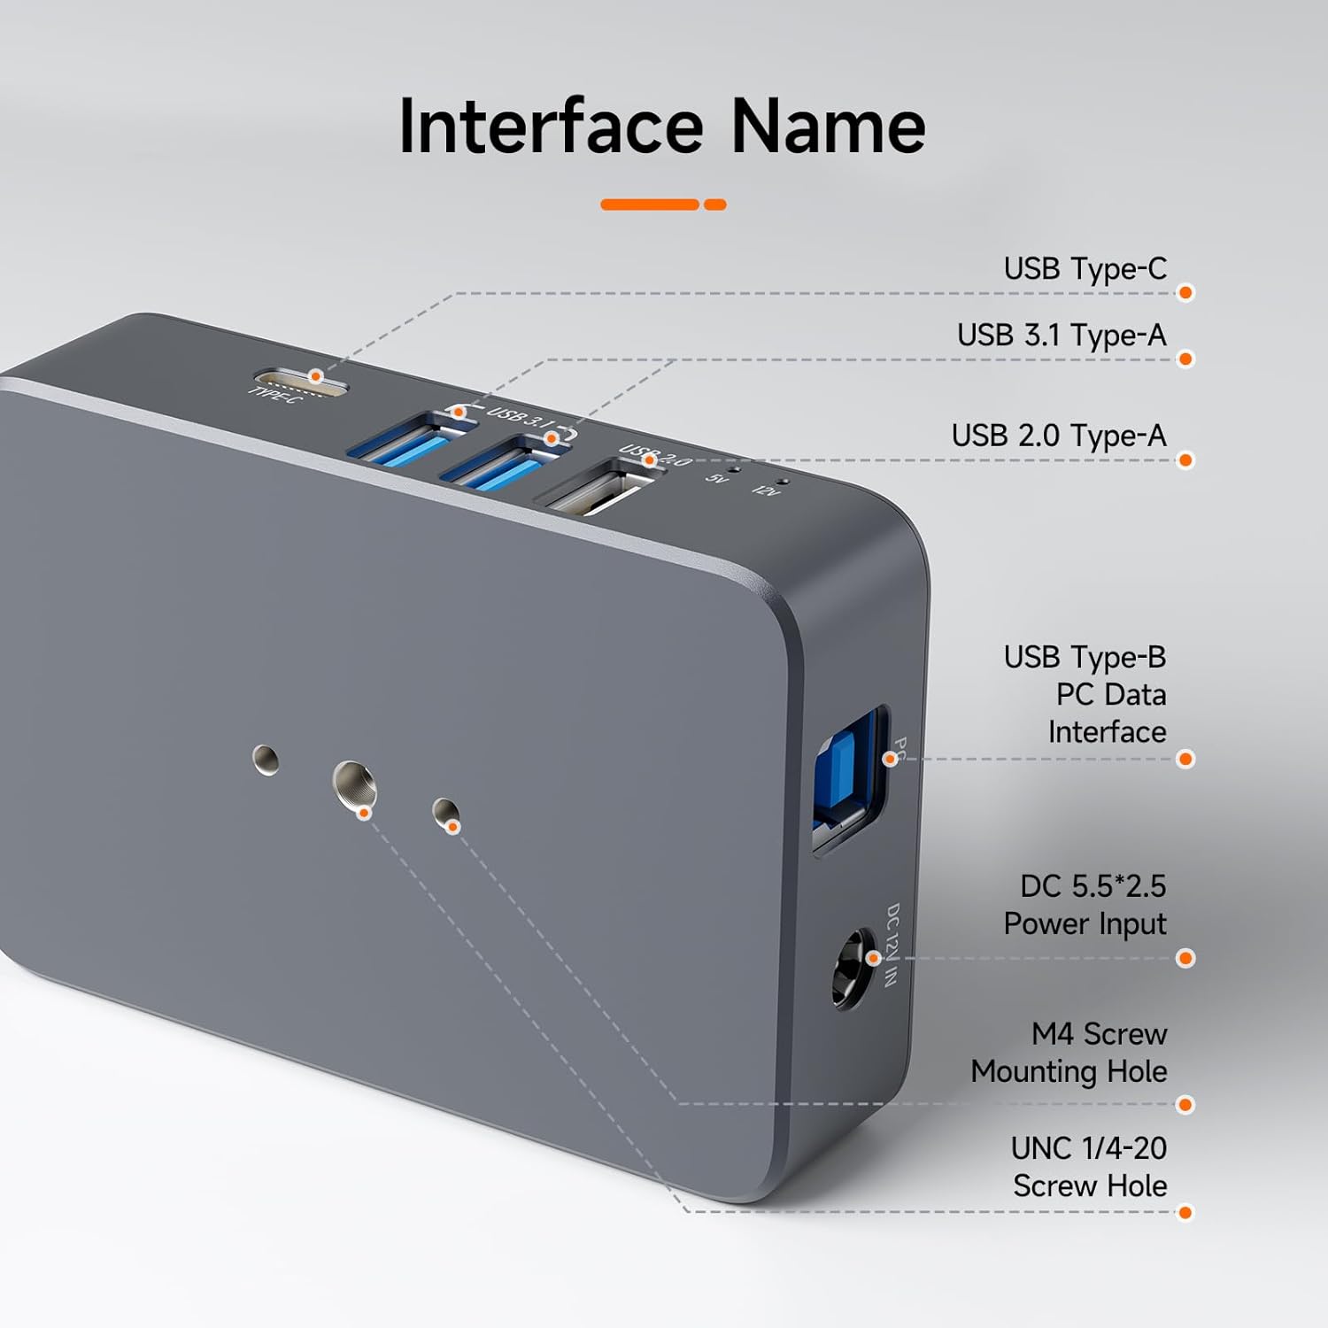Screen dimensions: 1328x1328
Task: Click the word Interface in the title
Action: coord(551,127)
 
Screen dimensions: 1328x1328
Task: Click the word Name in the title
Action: coord(828,127)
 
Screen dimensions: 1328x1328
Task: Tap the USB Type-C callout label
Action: coord(1085,268)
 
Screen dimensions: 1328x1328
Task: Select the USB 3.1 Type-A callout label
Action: coord(1062,336)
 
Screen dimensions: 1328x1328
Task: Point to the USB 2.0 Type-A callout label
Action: coord(1059,436)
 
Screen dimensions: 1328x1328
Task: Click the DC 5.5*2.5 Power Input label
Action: coord(1085,905)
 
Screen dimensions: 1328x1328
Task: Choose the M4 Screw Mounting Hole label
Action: coord(1069,1053)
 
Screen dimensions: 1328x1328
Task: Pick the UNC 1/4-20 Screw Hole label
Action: coord(1089,1167)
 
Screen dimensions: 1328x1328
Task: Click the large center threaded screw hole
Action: coord(354,784)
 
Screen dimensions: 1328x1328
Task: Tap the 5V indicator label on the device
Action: coord(716,478)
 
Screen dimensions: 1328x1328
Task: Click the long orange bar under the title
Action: coord(650,205)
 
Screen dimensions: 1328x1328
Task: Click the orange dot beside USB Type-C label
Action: coord(1186,293)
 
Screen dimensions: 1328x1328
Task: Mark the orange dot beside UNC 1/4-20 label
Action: coord(1186,1212)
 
